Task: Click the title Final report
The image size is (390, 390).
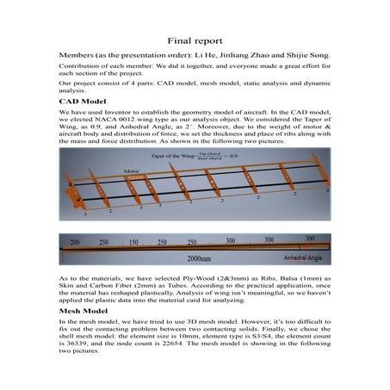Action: pos(195,40)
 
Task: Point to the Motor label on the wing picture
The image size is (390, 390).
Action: pos(132,171)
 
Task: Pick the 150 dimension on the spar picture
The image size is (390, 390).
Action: pos(135,243)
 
